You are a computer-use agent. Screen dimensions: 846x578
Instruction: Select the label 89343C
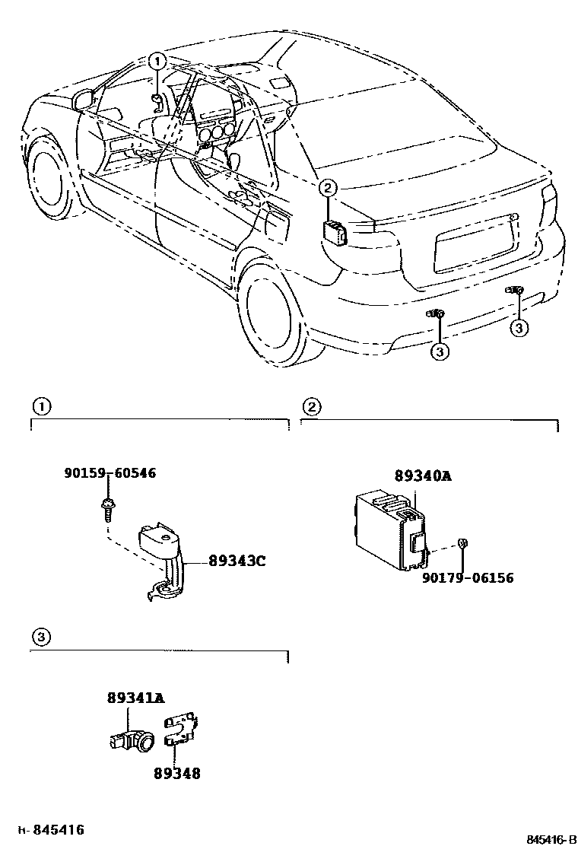click(237, 562)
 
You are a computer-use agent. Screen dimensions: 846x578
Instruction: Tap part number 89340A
click(423, 476)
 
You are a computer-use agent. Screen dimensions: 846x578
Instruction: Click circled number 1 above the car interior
click(156, 60)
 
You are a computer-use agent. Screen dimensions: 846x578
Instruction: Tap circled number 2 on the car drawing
click(327, 187)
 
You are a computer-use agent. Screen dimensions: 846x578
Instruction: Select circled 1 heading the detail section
click(41, 406)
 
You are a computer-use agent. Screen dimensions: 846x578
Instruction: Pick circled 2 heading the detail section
click(310, 406)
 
